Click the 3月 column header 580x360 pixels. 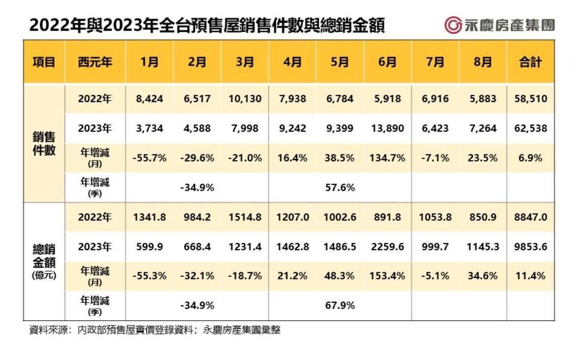coord(245,62)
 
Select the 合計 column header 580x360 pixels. coord(530,62)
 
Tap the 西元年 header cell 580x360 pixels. coord(95,62)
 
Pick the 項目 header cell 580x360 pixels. coord(44,62)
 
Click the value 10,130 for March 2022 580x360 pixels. coord(245,98)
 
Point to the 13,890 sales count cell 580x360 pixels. coord(387,128)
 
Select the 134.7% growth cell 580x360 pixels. coord(387,158)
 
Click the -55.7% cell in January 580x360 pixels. coord(149,158)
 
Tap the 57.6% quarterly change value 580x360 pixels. coord(340,187)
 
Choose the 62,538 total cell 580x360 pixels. coord(530,128)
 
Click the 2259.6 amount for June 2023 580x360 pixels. coord(387,246)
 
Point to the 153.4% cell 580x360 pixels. coord(387,276)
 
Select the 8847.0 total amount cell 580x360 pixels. coord(530,217)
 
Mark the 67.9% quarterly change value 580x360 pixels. coord(340,305)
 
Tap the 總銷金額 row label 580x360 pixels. coord(44,259)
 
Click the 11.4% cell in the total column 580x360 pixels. coord(530,276)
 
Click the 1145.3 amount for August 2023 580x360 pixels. coord(483,246)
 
